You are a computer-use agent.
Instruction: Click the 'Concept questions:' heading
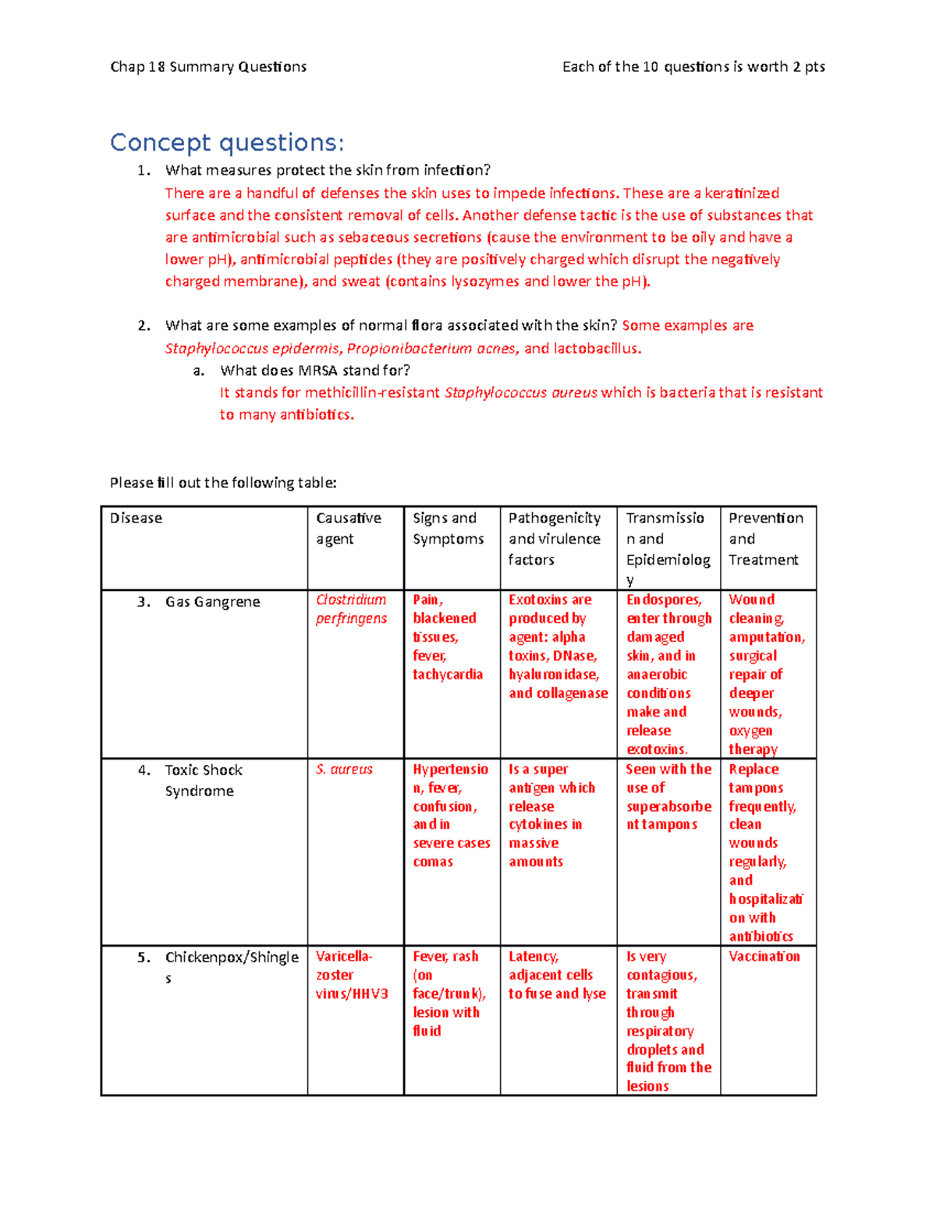[x=226, y=143]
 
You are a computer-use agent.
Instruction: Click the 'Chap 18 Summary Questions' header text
[x=208, y=67]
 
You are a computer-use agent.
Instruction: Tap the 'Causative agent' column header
[x=349, y=529]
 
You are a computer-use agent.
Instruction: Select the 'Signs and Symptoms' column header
[x=448, y=529]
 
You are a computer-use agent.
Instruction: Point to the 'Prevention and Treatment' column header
[x=765, y=539]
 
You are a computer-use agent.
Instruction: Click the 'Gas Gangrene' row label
[x=212, y=602]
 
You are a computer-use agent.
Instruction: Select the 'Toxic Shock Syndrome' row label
[x=204, y=781]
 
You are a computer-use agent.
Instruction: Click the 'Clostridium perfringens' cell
[x=351, y=609]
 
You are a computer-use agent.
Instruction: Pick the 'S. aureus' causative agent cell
[x=344, y=770]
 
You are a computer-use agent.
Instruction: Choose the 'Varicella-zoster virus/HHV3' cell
[x=352, y=975]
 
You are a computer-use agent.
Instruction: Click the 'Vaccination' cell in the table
[x=764, y=957]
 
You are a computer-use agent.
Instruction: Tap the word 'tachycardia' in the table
[x=448, y=675]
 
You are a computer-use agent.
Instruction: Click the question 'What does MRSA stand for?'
[x=315, y=370]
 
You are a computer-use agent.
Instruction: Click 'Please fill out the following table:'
[x=223, y=483]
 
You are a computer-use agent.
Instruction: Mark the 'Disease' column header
[x=136, y=519]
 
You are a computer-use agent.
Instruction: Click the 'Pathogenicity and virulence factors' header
[x=555, y=539]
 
